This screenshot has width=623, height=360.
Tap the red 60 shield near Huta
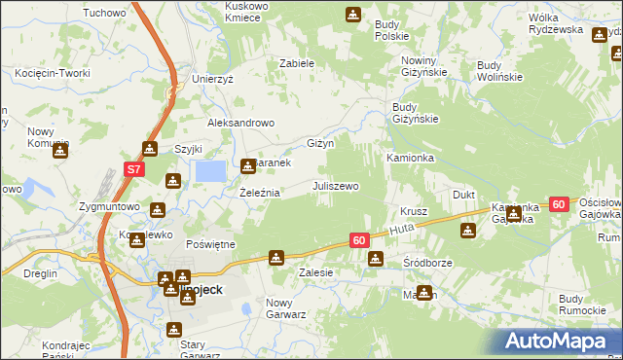tap(359, 239)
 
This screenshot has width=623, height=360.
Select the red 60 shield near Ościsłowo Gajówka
tap(558, 204)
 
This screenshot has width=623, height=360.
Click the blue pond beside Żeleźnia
tap(211, 171)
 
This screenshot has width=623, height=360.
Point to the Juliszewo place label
tap(336, 185)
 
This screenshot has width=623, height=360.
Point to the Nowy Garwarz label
tap(286, 308)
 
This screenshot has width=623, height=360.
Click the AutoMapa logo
tap(560, 342)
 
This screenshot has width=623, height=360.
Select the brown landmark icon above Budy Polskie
tap(352, 15)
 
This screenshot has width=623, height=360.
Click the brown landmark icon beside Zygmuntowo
tap(158, 207)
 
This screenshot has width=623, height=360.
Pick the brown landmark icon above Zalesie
tap(277, 258)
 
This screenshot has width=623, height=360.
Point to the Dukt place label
tap(464, 195)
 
